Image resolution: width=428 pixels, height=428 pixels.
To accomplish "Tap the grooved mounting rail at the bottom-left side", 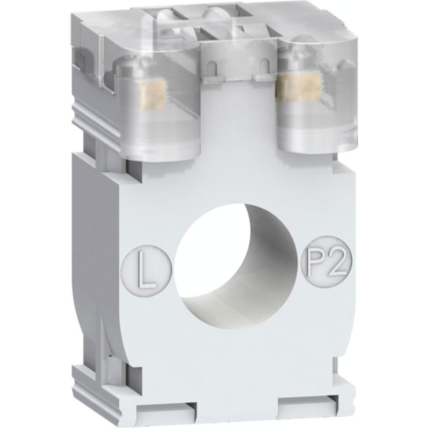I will click(95, 384).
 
